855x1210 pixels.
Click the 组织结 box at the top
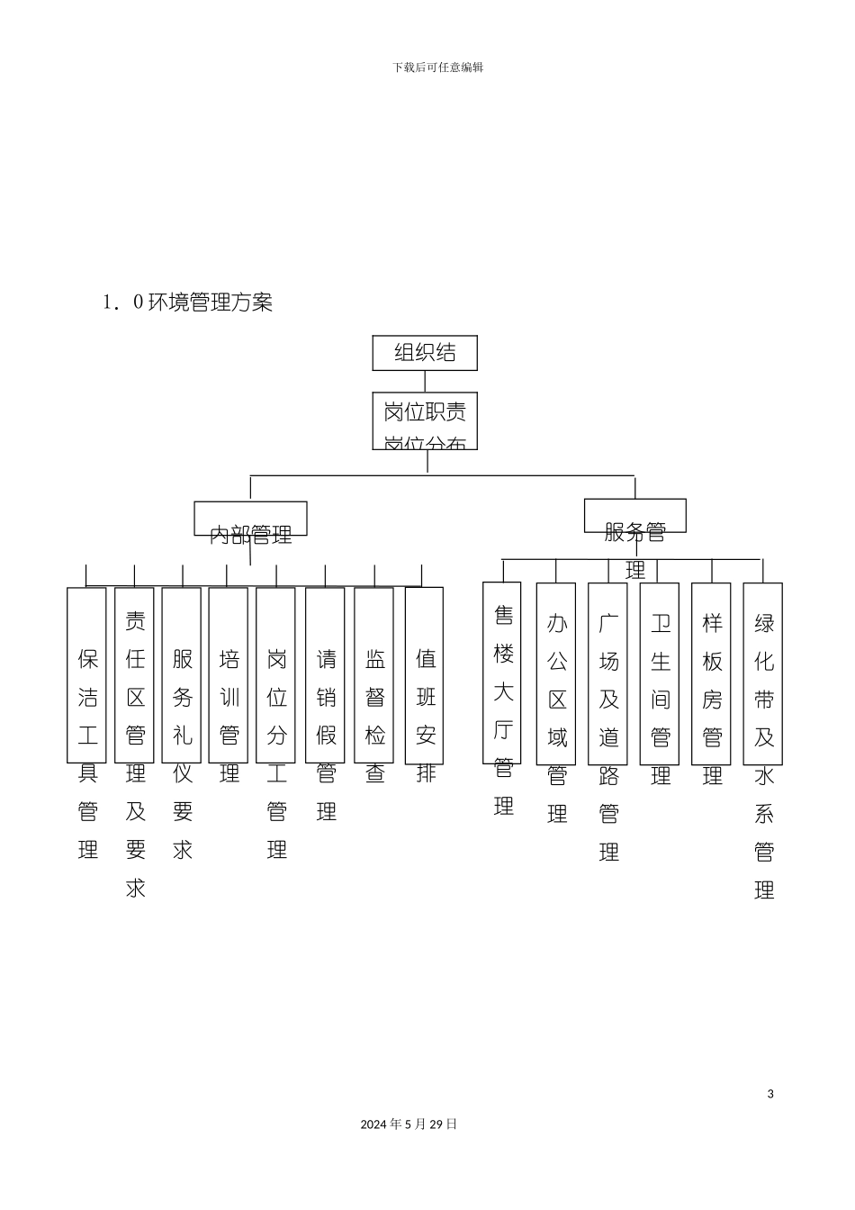pyautogui.click(x=425, y=353)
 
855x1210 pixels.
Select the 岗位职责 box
pyautogui.click(x=425, y=420)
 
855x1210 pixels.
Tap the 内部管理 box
pyautogui.click(x=250, y=519)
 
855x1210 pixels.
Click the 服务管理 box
pyautogui.click(x=634, y=516)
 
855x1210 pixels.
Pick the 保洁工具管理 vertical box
pyautogui.click(x=87, y=675)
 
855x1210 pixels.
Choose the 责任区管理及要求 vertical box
pyautogui.click(x=135, y=675)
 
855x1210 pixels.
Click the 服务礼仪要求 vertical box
pyautogui.click(x=182, y=675)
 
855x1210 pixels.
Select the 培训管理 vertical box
pyautogui.click(x=229, y=675)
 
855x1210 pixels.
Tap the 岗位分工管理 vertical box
pyautogui.click(x=276, y=675)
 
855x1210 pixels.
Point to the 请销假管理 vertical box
pyautogui.click(x=325, y=675)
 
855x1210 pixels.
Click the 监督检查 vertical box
pyautogui.click(x=374, y=675)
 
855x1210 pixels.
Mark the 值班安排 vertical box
pyautogui.click(x=425, y=675)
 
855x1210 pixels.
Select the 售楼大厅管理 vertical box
pyautogui.click(x=502, y=673)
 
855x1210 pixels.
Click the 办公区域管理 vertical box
pyautogui.click(x=556, y=673)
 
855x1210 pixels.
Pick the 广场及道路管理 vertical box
pyautogui.click(x=608, y=673)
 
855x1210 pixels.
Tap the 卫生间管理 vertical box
pyautogui.click(x=660, y=673)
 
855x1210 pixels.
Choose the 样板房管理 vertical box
pyautogui.click(x=711, y=673)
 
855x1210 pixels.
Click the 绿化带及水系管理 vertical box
pyautogui.click(x=763, y=673)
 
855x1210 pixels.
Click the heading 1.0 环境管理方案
pyautogui.click(x=188, y=302)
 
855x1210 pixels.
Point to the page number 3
pyautogui.click(x=770, y=1094)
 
